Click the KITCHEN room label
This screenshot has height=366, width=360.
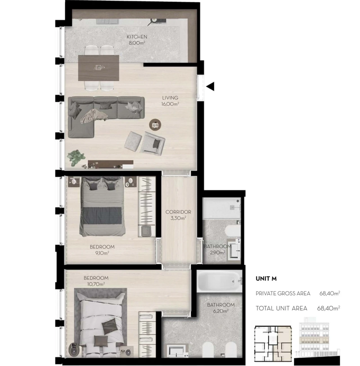(137, 37)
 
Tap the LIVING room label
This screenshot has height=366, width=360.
(170, 98)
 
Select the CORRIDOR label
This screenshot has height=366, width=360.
(178, 212)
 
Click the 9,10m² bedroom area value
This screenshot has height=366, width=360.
(102, 253)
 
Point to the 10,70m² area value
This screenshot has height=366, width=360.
(96, 284)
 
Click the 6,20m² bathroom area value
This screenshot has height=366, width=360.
(220, 311)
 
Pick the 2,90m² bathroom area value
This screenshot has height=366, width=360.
(217, 252)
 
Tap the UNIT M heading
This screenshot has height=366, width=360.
(266, 279)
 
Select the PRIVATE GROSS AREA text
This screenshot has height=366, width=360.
(283, 293)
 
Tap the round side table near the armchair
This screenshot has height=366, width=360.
(155, 124)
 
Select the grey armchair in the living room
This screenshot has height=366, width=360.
(153, 143)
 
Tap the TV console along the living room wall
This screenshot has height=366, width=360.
(111, 164)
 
